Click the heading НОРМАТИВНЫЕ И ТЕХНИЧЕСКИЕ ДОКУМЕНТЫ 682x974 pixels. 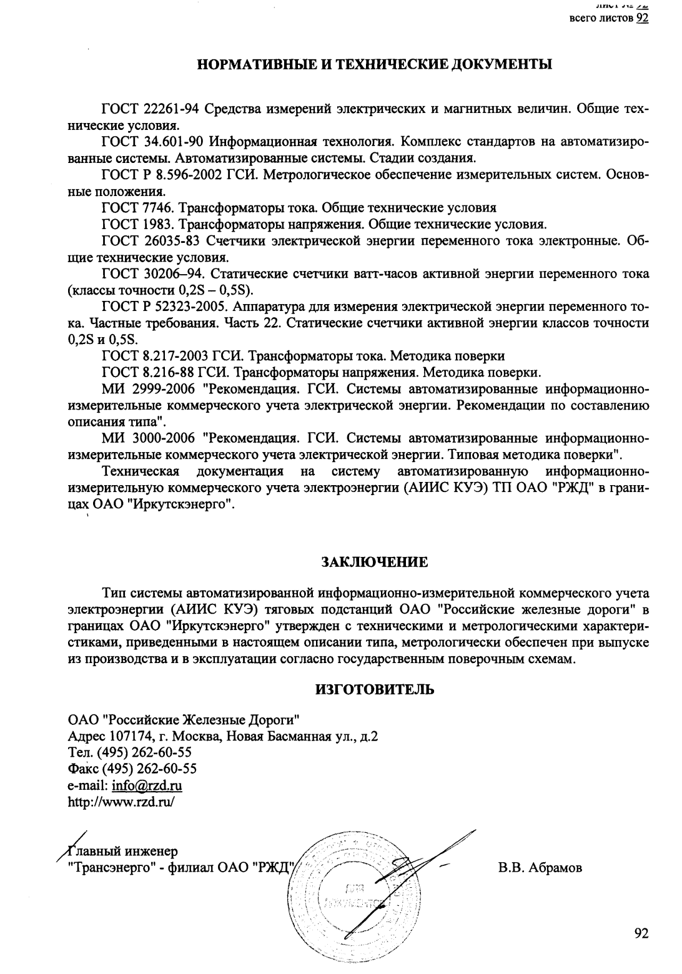[374, 64]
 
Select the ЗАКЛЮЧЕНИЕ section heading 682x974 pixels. [374, 562]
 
